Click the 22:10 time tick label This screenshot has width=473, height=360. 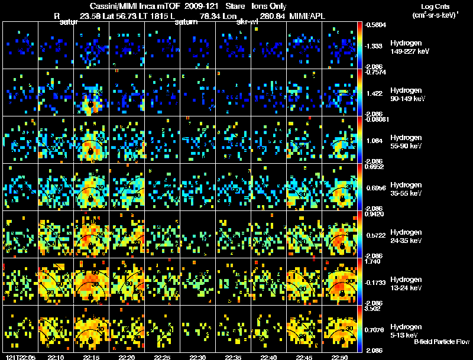tap(56, 356)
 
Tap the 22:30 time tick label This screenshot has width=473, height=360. tap(197, 356)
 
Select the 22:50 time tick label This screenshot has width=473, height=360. tap(339, 356)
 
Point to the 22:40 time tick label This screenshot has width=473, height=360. tap(268, 356)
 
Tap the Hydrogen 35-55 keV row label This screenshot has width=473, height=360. tap(406, 189)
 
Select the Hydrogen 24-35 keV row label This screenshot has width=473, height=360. tap(406, 236)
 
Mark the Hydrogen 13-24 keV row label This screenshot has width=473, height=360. tap(406, 283)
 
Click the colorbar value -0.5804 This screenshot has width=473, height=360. tap(376, 25)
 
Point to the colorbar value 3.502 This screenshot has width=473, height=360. tap(375, 309)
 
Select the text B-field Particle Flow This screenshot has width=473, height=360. tap(441, 342)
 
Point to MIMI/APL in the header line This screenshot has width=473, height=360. tap(307, 17)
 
